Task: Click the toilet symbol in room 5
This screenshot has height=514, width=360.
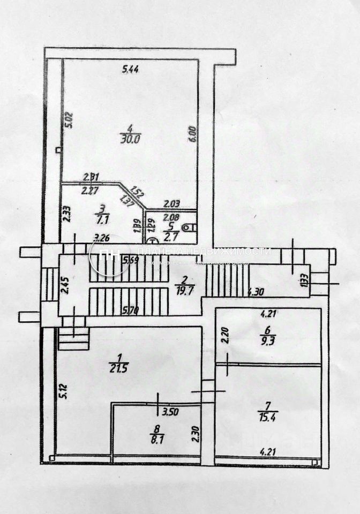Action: coord(188,228)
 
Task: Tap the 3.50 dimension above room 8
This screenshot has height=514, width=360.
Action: coord(170,413)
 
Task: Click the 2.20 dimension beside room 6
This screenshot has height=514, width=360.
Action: coord(225,336)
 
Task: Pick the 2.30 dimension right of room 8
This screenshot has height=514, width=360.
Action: coord(196,432)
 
